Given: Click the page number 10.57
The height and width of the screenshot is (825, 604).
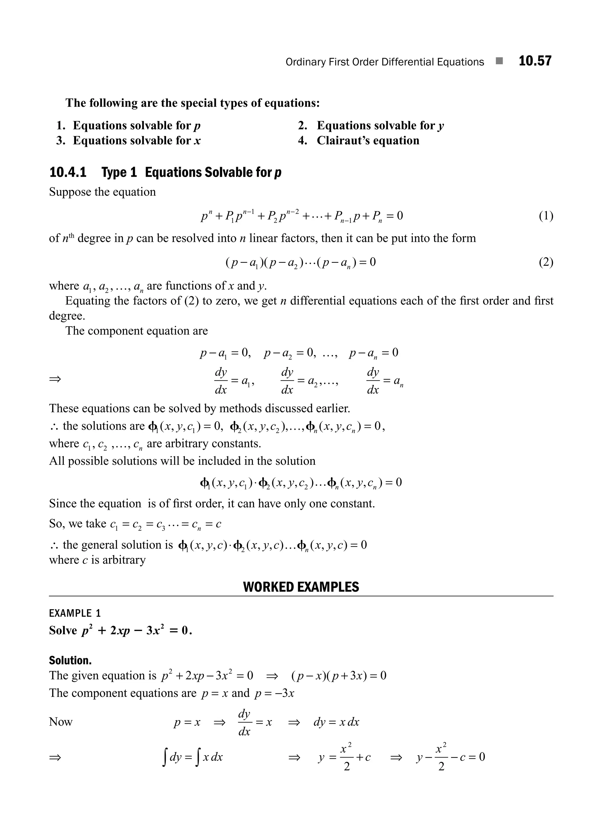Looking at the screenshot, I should coord(535,61).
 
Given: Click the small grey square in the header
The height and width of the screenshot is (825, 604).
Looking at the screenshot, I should coord(499,61).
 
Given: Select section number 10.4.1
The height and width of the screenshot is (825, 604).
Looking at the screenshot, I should coord(68,172).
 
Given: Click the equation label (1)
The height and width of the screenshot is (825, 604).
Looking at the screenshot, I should coord(546,216).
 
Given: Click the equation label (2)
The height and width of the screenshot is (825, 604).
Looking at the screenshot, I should coord(546,262).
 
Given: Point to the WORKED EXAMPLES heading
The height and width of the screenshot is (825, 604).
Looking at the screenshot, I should coord(301,587).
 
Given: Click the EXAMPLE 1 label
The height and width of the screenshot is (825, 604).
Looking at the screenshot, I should coord(75,613).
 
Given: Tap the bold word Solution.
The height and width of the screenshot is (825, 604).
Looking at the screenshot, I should coord(70,660).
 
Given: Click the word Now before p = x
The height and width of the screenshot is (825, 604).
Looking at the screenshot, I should coord(61,722).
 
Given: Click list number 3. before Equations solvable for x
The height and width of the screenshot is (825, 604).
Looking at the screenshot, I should coord(61,141).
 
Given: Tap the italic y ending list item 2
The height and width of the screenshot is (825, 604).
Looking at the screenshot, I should coord(441,126).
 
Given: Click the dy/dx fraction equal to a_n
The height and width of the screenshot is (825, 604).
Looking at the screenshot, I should coord(373,381).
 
